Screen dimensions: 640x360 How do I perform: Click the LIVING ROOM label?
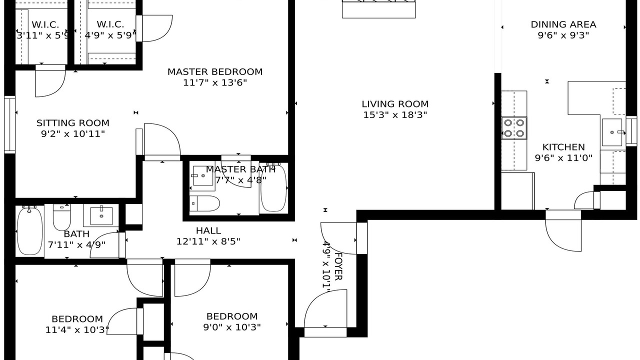pyautogui.click(x=395, y=104)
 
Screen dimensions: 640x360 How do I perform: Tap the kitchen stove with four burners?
pyautogui.click(x=514, y=128)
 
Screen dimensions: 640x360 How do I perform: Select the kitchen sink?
pyautogui.click(x=612, y=132)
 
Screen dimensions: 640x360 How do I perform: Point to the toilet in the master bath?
pyautogui.click(x=204, y=203)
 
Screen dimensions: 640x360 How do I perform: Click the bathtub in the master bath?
pyautogui.click(x=273, y=187)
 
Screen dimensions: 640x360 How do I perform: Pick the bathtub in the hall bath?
pyautogui.click(x=29, y=231)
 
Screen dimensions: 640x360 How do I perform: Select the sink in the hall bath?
pyautogui.click(x=101, y=216)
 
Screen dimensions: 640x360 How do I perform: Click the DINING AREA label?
pyautogui.click(x=563, y=24)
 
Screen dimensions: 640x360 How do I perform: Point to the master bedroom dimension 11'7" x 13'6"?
pyautogui.click(x=215, y=83)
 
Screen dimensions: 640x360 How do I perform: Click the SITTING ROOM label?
pyautogui.click(x=73, y=123)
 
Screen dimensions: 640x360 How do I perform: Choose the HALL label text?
pyautogui.click(x=208, y=230)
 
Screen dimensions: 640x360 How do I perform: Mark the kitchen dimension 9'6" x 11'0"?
pyautogui.click(x=563, y=158)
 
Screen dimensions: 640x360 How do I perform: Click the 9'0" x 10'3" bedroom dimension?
pyautogui.click(x=232, y=327)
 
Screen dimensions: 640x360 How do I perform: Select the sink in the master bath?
pyautogui.click(x=203, y=175)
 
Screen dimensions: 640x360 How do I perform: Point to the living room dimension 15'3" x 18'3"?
pyautogui.click(x=395, y=115)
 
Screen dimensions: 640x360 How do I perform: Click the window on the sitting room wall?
pyautogui.click(x=9, y=125)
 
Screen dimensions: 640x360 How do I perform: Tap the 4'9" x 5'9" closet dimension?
pyautogui.click(x=110, y=35)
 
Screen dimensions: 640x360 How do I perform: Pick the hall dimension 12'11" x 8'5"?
pyautogui.click(x=208, y=241)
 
